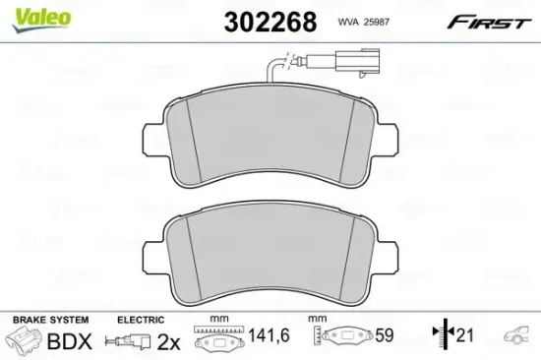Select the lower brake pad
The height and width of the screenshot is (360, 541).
click(x=272, y=255)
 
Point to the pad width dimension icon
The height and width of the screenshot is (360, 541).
click(x=217, y=338)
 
